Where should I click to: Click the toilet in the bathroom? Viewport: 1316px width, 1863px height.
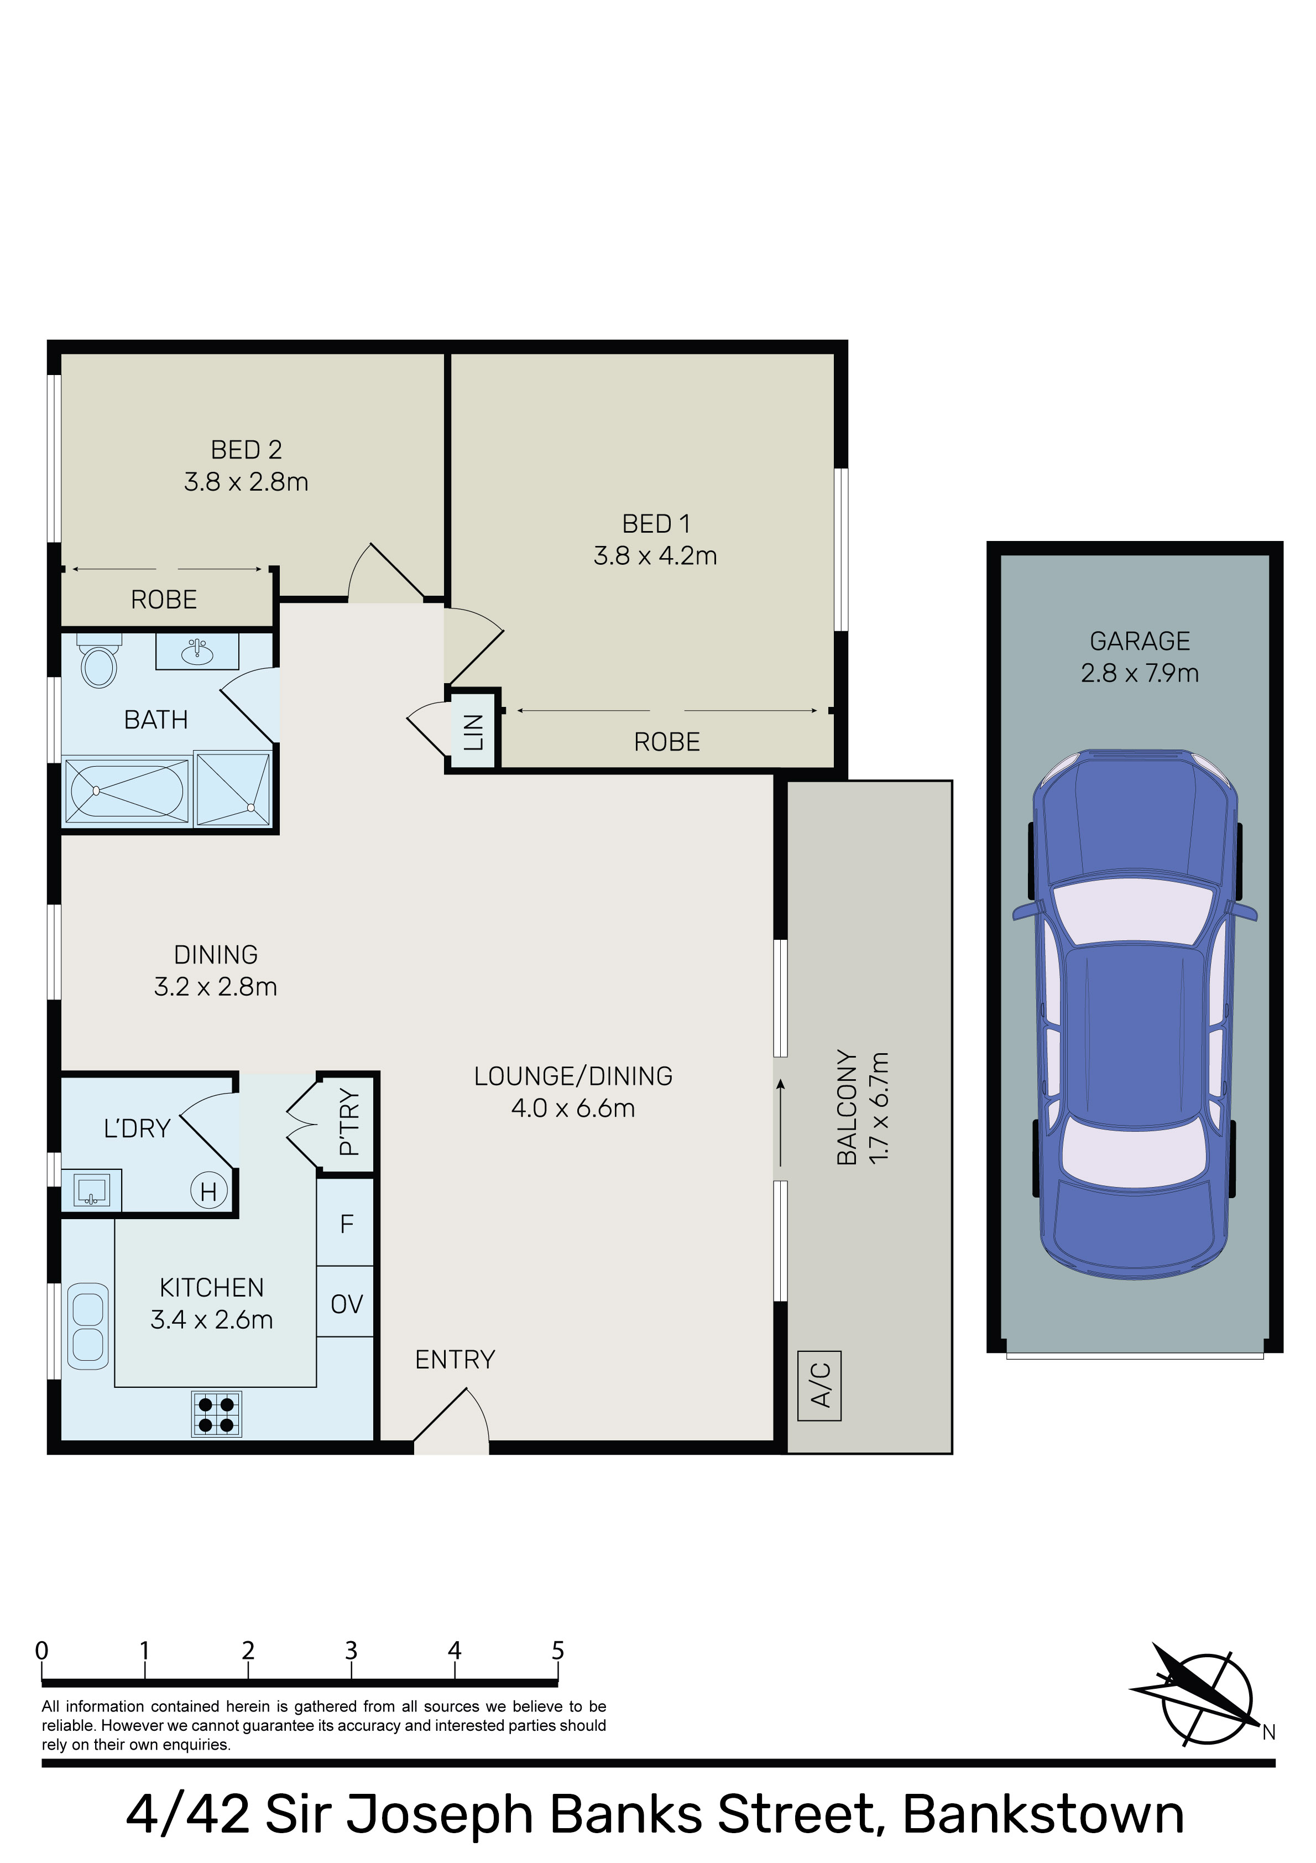coord(99,662)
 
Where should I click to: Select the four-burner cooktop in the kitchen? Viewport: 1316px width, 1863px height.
coord(217,1414)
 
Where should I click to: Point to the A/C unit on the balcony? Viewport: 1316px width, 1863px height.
coord(819,1386)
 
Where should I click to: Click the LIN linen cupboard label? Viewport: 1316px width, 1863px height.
coord(473,731)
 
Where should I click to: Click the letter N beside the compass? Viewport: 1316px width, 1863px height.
coord(1269,1732)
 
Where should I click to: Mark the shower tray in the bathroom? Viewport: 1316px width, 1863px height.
coord(233,789)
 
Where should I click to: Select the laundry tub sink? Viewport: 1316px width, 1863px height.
coord(92,1190)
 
